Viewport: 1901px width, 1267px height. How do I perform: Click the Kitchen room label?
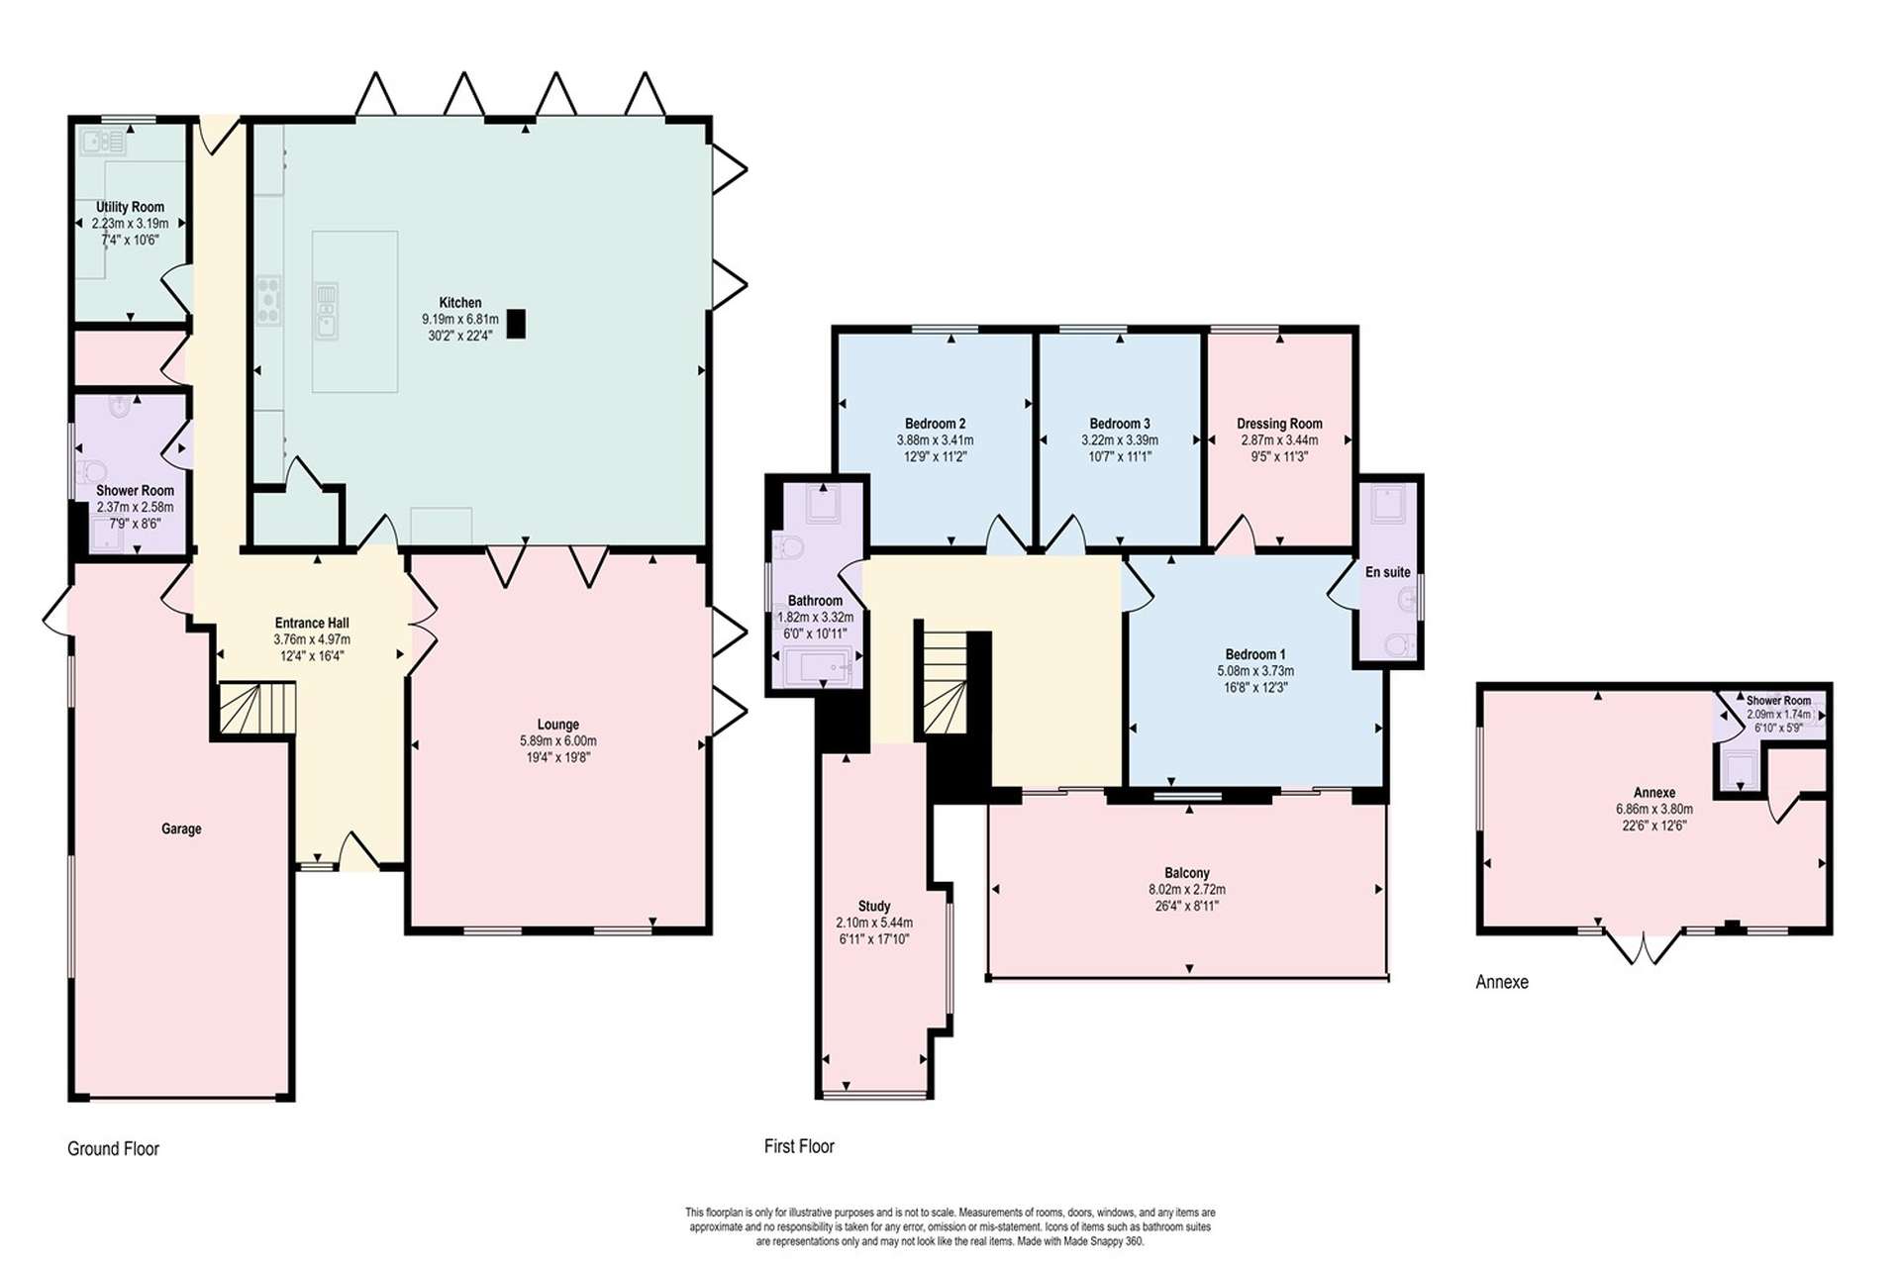coord(460,303)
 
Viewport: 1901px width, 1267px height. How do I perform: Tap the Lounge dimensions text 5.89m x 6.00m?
coord(558,741)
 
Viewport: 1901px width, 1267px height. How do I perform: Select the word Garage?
coord(181,829)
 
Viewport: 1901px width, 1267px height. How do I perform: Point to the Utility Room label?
coord(130,207)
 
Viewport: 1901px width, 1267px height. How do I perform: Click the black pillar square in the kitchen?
coord(516,324)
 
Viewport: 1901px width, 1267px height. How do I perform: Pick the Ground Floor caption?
coord(113,1149)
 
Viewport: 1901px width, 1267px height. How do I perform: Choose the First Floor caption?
coord(799,1146)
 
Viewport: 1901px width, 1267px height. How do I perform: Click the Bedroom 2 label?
coord(935,424)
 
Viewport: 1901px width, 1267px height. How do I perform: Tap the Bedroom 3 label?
coord(1120,424)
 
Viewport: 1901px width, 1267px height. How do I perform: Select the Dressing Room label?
coord(1279,424)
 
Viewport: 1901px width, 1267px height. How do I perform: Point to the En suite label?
coord(1387,572)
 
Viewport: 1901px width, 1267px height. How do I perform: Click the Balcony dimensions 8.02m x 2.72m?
coord(1186,890)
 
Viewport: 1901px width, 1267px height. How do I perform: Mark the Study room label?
coord(873,906)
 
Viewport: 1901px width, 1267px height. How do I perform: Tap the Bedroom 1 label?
coord(1254,654)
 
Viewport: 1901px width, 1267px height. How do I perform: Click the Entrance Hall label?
coord(312,624)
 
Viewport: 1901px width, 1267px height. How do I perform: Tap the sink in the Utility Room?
coord(103,143)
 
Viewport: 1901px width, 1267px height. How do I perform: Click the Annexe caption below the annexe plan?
coord(1502,982)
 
